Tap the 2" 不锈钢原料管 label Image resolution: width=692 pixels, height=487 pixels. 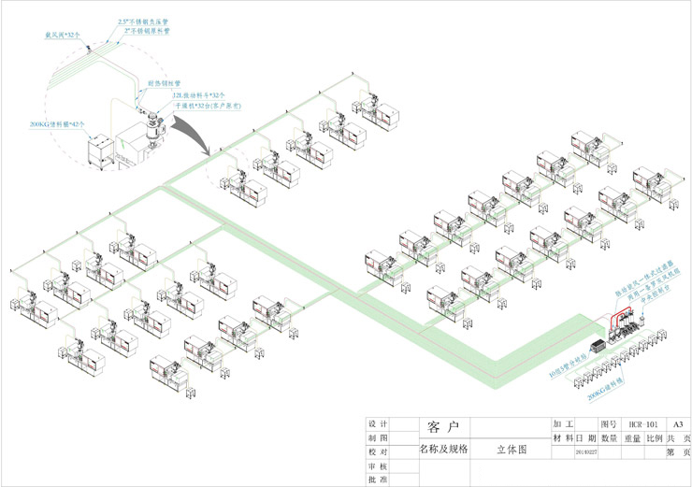tap(147, 30)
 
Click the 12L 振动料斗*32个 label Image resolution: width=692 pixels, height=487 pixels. tap(197, 95)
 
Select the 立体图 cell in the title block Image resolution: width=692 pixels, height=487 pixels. tap(511, 450)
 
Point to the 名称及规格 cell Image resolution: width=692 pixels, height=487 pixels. tap(442, 450)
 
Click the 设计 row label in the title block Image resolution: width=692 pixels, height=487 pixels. tap(379, 423)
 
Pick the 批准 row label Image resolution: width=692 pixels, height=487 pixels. tap(379, 480)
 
